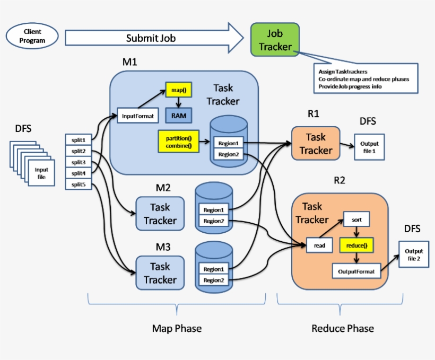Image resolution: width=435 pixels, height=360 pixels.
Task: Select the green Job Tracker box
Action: (275, 40)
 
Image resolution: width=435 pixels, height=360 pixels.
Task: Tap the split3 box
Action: (78, 162)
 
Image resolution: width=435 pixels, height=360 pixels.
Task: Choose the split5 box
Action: (78, 185)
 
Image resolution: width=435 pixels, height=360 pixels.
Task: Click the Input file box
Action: (41, 173)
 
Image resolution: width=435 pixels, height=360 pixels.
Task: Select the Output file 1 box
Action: (369, 147)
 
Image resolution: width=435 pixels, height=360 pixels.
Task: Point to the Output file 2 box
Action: (414, 254)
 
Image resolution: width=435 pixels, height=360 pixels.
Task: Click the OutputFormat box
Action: (356, 271)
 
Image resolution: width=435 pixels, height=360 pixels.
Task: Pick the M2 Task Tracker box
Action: (160, 213)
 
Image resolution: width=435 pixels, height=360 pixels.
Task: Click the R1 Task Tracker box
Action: (316, 144)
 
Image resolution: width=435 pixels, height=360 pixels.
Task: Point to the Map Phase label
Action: (177, 328)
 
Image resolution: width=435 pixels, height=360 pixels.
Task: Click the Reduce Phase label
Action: (342, 328)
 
